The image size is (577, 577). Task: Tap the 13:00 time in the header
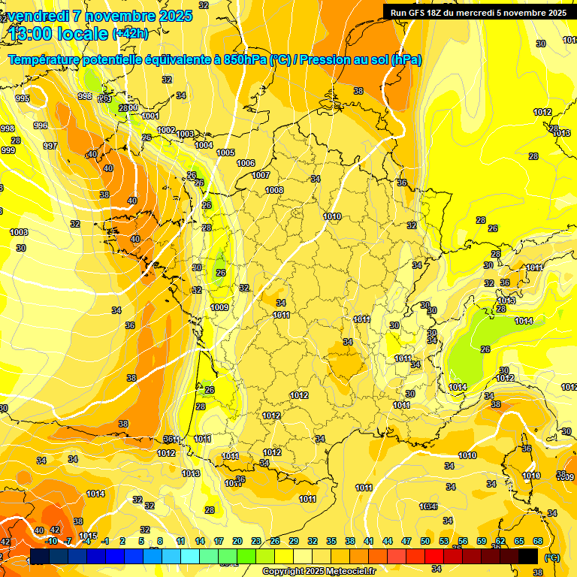(x=35, y=34)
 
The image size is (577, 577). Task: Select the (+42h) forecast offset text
(x=130, y=33)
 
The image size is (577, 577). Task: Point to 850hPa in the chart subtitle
(x=242, y=59)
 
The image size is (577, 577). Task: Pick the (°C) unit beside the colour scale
(x=551, y=557)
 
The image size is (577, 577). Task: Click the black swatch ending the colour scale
(x=528, y=556)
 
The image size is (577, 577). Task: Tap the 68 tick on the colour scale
(x=538, y=541)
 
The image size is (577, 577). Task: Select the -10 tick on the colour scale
(x=51, y=541)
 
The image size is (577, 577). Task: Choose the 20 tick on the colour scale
(x=237, y=541)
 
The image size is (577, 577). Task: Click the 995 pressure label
(x=23, y=98)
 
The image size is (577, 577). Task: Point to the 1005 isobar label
(x=225, y=153)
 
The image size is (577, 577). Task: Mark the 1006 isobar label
(x=246, y=163)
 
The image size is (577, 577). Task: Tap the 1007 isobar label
(x=261, y=175)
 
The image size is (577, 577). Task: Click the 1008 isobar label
(x=274, y=190)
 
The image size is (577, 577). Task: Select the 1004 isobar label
(x=204, y=145)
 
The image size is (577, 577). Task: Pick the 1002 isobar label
(x=166, y=130)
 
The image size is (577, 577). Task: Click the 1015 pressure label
(x=88, y=536)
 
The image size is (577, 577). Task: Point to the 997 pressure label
(x=50, y=146)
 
